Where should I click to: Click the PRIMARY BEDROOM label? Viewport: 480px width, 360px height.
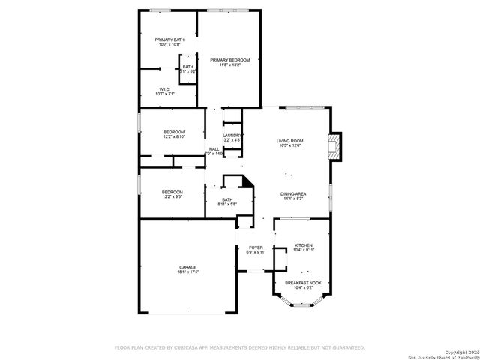click(229, 60)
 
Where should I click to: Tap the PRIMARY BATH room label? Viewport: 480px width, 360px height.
click(169, 40)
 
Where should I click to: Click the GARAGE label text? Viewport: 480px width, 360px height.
click(187, 268)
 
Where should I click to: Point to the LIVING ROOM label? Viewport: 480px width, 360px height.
click(289, 141)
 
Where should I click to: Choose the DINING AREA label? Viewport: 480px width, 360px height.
click(293, 194)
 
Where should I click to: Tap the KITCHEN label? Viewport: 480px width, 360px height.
click(303, 245)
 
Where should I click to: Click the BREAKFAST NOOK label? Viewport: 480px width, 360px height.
click(303, 282)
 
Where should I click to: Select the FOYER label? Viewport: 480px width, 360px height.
click(256, 247)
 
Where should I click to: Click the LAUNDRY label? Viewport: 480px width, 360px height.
click(232, 135)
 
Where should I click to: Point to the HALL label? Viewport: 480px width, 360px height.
click(214, 149)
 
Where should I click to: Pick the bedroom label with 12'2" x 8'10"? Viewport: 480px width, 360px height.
click(174, 132)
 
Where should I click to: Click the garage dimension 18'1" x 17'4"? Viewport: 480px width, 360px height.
click(187, 273)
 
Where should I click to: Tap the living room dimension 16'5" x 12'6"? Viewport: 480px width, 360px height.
click(289, 146)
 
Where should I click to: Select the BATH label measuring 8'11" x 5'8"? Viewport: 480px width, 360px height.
click(227, 199)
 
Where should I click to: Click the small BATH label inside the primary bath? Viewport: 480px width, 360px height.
click(187, 67)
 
